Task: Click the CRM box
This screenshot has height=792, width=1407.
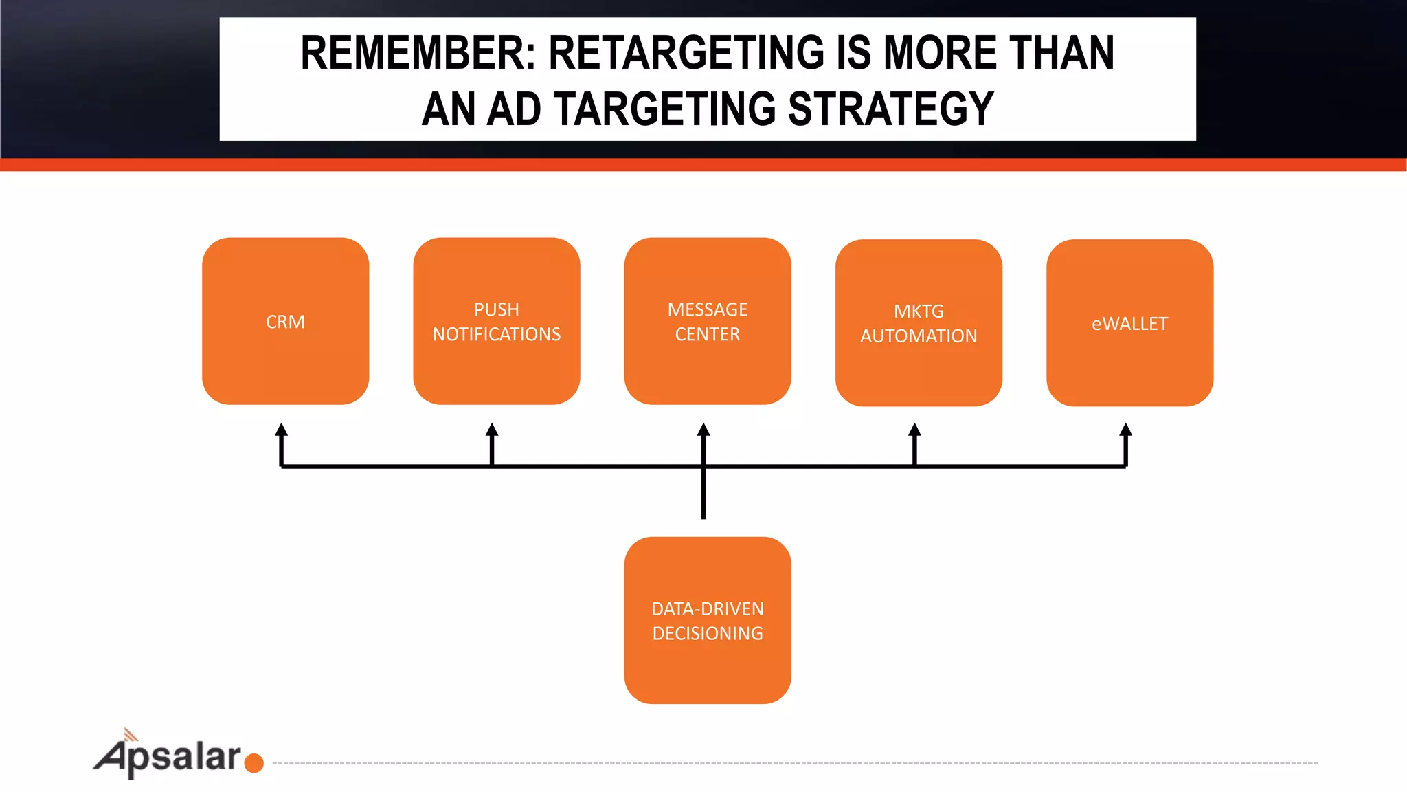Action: pos(285,321)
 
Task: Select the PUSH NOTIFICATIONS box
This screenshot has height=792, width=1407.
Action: pos(496,321)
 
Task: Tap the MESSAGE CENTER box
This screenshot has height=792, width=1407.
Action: pos(707,321)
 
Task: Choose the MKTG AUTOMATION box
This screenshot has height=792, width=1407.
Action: pos(919,322)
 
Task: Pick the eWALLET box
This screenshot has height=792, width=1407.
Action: pos(1129,322)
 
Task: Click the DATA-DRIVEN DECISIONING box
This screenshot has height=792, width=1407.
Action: pos(707,620)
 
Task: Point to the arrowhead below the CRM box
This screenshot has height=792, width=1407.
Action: pos(281,430)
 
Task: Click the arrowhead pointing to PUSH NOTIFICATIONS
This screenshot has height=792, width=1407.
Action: pos(492,430)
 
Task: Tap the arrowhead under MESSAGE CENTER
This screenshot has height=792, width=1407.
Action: pos(703,430)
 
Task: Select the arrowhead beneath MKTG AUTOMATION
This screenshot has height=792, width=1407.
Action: pos(914,430)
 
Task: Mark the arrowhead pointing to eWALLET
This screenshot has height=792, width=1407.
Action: pos(1125,430)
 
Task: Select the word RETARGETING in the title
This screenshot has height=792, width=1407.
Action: pos(686,53)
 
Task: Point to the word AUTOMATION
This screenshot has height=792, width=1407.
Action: pos(919,335)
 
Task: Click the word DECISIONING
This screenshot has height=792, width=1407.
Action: pos(708,633)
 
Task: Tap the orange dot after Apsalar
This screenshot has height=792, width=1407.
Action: pos(254,763)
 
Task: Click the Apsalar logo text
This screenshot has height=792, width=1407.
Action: pos(169,757)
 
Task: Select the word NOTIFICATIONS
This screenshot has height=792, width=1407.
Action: pos(496,334)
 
